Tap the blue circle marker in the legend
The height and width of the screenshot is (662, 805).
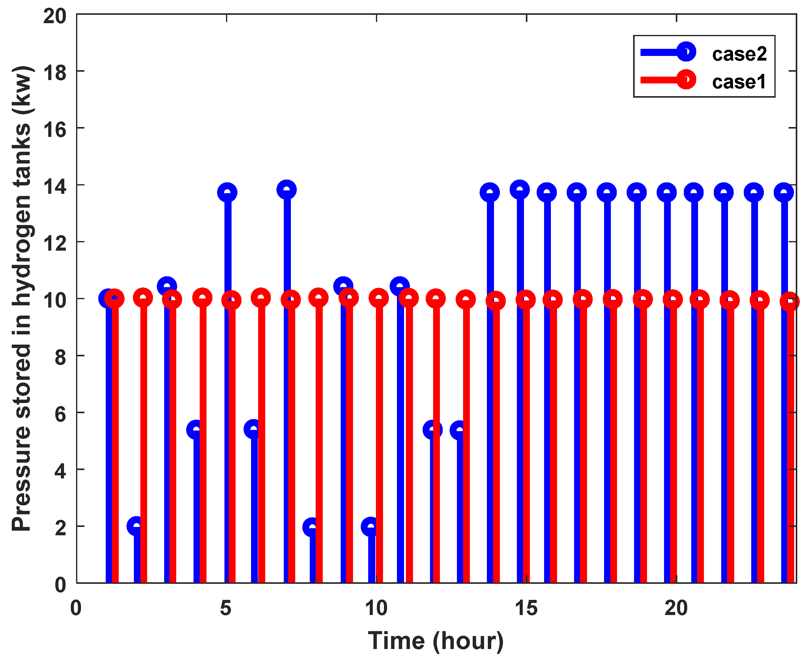[x=686, y=52]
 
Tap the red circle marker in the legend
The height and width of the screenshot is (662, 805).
[x=686, y=80]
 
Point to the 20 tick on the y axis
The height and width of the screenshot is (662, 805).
[x=55, y=16]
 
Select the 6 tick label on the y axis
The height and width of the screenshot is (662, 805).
[x=60, y=414]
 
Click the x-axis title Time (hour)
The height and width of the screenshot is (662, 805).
[x=436, y=641]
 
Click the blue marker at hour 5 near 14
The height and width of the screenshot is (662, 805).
[x=227, y=193]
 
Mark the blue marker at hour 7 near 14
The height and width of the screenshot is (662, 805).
[x=286, y=190]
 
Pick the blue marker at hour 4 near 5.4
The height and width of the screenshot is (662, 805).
[x=196, y=430]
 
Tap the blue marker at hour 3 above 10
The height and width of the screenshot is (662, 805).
[x=167, y=286]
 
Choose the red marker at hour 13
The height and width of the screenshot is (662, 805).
[x=465, y=300]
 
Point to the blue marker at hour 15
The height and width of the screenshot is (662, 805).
[x=519, y=190]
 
